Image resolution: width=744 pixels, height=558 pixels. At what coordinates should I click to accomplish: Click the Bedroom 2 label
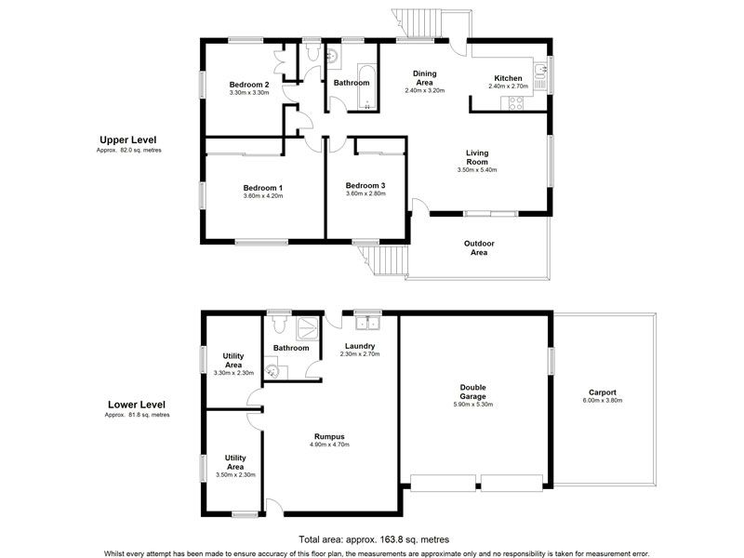click(x=249, y=85)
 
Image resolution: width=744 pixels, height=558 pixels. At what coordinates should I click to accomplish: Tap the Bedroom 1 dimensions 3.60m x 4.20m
click(x=263, y=195)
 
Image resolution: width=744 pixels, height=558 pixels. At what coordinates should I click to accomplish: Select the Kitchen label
click(x=508, y=78)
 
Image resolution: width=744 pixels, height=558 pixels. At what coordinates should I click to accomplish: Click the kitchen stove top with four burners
click(x=516, y=103)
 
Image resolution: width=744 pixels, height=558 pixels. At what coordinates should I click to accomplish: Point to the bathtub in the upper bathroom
click(x=366, y=86)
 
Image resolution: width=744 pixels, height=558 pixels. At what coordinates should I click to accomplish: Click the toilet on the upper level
click(x=312, y=52)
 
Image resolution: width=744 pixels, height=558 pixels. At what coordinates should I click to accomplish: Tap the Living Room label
click(x=477, y=157)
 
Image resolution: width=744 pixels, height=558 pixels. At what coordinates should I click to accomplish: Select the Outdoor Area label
click(x=479, y=247)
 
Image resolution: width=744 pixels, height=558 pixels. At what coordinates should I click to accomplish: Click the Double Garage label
click(x=472, y=392)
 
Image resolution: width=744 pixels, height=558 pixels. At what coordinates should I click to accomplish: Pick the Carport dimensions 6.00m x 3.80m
click(x=602, y=401)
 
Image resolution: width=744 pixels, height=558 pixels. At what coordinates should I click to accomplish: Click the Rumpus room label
click(x=329, y=436)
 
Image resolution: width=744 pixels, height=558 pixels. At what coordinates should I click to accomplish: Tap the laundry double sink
click(x=368, y=323)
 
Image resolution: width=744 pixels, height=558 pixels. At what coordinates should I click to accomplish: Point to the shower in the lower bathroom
click(x=308, y=328)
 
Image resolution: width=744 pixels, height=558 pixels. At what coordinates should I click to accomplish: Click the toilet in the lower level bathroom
click(x=278, y=324)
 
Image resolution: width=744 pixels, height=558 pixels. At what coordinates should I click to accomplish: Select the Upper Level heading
click(x=127, y=140)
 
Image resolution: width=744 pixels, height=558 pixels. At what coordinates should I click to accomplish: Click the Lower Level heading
click(x=137, y=405)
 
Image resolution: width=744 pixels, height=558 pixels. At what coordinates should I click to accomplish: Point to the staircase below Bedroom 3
click(x=384, y=260)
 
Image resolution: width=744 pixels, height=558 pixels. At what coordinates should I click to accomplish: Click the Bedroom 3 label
click(x=365, y=185)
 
